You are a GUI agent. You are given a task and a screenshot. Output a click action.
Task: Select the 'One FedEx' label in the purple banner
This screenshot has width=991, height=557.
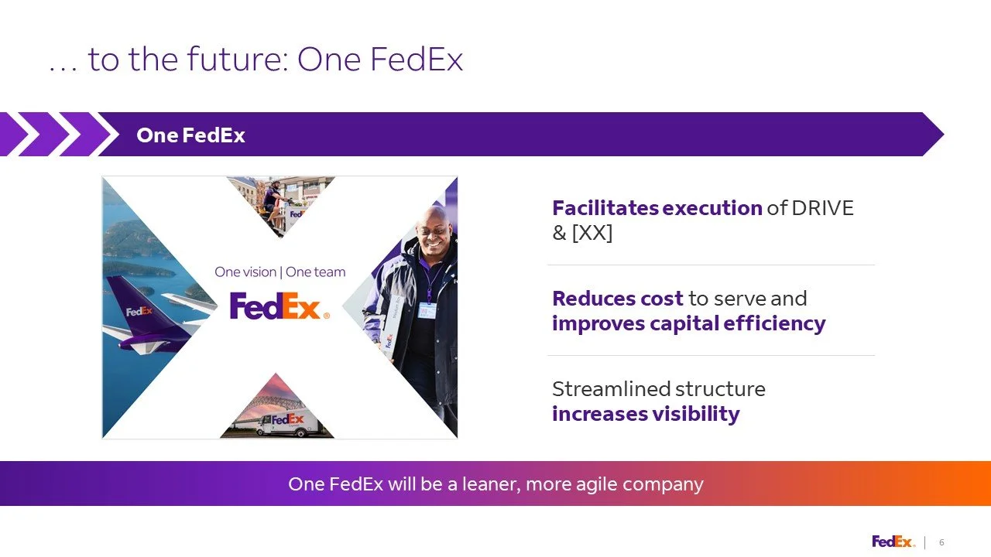pyautogui.click(x=190, y=135)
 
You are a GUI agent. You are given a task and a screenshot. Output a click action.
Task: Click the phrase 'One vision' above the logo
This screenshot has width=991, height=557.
pyautogui.click(x=245, y=272)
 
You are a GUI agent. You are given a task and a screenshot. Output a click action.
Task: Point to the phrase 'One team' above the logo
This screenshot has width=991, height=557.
pyautogui.click(x=316, y=272)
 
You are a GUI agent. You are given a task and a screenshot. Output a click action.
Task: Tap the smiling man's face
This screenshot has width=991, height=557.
pyautogui.click(x=430, y=227)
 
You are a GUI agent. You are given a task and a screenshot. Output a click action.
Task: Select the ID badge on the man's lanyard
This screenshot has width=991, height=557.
pyautogui.click(x=427, y=310)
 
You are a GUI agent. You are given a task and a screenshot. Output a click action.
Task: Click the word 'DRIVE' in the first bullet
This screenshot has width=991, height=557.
pyautogui.click(x=822, y=208)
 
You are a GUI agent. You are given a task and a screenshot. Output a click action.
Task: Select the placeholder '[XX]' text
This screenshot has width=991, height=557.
pyautogui.click(x=592, y=232)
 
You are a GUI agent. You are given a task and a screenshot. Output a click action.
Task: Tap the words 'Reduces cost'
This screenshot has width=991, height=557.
pyautogui.click(x=617, y=299)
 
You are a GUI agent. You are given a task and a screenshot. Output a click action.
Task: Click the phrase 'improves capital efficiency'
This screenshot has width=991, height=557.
pyautogui.click(x=688, y=323)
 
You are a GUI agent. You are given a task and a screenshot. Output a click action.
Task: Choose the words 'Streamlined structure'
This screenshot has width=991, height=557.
pyautogui.click(x=658, y=388)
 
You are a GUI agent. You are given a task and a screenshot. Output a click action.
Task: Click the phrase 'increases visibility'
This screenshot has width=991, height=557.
pyautogui.click(x=646, y=414)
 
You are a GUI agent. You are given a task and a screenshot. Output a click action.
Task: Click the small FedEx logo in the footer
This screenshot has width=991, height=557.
pyautogui.click(x=893, y=542)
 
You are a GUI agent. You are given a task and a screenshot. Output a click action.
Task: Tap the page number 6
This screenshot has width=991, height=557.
pyautogui.click(x=941, y=542)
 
